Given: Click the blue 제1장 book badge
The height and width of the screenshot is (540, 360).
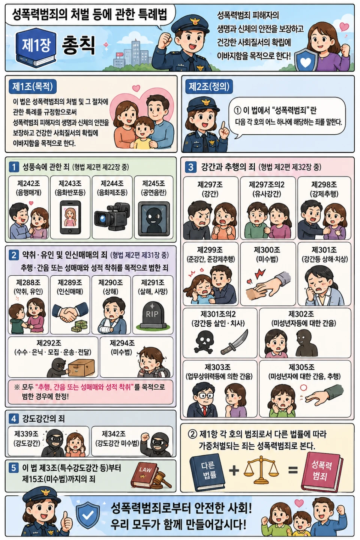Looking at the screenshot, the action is click(36, 47).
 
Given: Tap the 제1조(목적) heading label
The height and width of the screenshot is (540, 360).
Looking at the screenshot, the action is click(33, 87).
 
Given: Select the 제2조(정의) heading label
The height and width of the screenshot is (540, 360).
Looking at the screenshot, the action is click(209, 87).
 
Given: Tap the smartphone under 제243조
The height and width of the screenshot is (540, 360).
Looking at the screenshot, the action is click(70, 217).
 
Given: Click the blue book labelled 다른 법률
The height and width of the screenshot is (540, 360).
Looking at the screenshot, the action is click(207, 471).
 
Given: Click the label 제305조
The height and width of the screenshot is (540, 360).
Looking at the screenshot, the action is click(301, 367).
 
